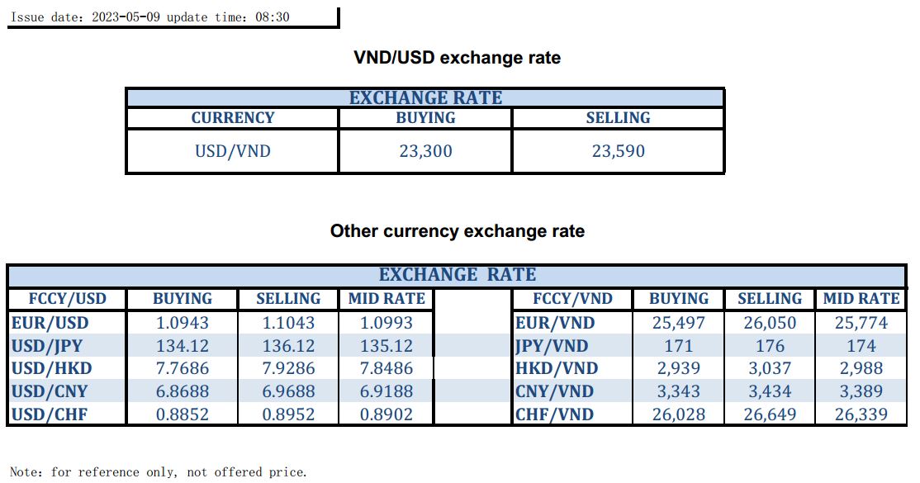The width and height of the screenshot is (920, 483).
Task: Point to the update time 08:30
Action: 273,17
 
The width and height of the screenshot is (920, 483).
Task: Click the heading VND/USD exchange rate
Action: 457,58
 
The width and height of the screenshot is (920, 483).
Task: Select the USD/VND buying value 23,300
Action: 425,151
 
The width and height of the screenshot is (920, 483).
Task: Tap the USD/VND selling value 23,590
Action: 618,151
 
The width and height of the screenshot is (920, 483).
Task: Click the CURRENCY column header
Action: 232,118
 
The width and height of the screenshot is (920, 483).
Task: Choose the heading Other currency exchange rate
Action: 457,231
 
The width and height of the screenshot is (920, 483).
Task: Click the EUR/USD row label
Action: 50,323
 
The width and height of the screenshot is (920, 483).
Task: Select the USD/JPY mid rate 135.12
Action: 386,346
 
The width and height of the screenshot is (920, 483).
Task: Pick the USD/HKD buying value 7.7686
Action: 183,368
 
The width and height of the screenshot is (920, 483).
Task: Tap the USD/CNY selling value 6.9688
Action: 288,391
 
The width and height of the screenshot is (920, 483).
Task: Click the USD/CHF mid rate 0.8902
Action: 386,414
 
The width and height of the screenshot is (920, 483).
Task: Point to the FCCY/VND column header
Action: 572,299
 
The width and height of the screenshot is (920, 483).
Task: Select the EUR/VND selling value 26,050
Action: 769,323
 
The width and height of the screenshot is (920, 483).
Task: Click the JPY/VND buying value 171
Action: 678,346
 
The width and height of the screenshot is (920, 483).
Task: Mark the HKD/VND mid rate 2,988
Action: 861,368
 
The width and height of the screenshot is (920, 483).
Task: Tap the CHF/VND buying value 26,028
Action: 678,414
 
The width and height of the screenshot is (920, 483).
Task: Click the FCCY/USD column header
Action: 67,299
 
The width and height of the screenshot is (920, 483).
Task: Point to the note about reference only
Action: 158,472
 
